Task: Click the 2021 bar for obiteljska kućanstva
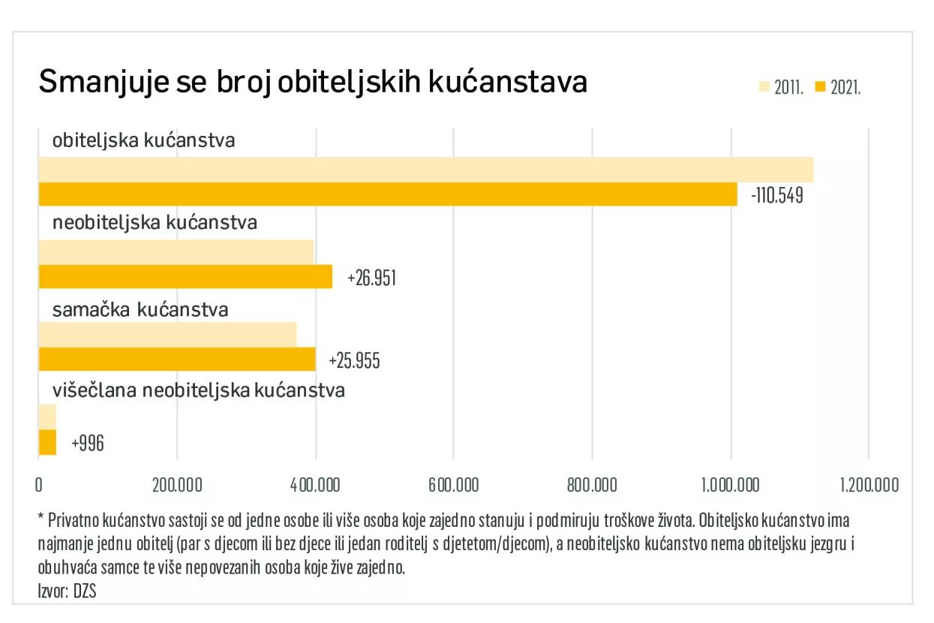(387, 194)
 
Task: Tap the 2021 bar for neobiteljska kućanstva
(185, 277)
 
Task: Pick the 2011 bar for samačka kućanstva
(167, 334)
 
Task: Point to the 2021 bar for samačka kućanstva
(176, 360)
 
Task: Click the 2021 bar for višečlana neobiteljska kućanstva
(47, 442)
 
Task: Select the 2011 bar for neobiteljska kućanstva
(176, 252)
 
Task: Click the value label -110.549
(776, 196)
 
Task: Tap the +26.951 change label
(371, 278)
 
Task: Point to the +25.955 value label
(354, 361)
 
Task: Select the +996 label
(88, 444)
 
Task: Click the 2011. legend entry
(782, 87)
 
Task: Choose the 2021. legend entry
(838, 87)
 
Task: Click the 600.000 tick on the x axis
(453, 485)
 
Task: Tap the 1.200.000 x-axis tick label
(868, 485)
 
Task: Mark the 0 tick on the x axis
(39, 485)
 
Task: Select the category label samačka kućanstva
(140, 309)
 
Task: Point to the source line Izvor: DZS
(68, 591)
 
